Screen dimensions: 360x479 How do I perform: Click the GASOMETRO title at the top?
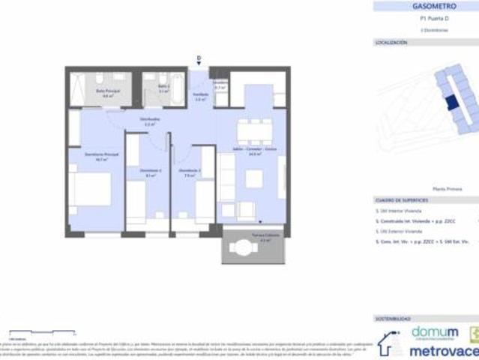[426, 7]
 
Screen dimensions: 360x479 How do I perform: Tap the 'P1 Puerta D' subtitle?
[426, 21]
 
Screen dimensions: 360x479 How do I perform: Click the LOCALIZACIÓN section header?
[391, 43]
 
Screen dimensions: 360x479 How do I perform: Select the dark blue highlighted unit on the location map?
[451, 103]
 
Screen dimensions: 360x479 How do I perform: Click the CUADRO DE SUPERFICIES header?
[402, 201]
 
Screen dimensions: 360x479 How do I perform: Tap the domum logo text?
[434, 332]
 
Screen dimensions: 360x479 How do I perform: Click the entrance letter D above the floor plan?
[199, 58]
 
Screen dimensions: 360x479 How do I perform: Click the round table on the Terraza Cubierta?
[243, 245]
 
